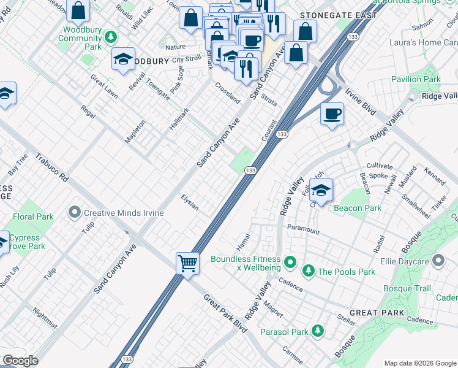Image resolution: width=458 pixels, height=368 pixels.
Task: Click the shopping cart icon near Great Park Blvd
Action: pos(188,264)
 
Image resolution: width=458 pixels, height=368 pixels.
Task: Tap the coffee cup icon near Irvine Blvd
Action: pos(332,114)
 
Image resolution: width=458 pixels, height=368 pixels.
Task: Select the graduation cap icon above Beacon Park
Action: pos(320,190)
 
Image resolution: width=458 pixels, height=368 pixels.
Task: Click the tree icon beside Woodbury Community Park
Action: pos(111,38)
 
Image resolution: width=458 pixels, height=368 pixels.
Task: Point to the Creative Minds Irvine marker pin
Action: pos(75,212)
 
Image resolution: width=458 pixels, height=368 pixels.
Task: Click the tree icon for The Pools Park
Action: pos(309,271)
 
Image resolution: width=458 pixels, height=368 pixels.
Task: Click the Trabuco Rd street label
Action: pos(51,167)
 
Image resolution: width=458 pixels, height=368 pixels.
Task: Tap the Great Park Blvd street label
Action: pos(225,313)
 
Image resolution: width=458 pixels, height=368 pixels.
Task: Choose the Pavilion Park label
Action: pos(416,79)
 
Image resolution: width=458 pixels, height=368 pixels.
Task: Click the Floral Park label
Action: pos(33,217)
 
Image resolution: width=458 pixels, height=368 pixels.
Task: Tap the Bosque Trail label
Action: pos(407,288)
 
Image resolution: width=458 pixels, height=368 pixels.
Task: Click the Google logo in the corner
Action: pos(20,361)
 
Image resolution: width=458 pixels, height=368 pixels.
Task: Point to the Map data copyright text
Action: pos(420,363)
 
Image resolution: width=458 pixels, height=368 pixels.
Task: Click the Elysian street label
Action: pos(190,202)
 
